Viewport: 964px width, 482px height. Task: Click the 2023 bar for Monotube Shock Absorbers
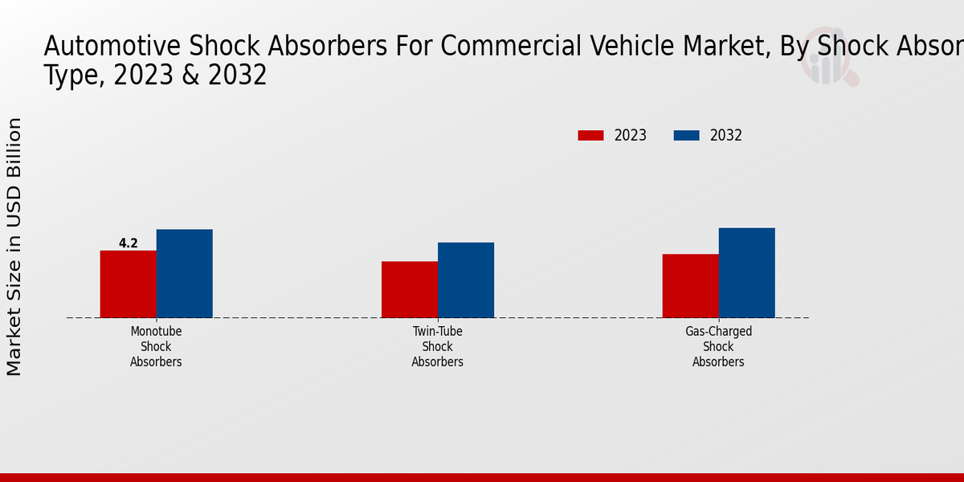[x=128, y=284]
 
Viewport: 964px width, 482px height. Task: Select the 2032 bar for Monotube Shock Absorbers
[x=184, y=274]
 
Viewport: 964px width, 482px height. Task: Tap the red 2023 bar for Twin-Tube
[x=409, y=290]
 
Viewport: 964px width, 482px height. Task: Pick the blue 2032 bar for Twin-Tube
[x=465, y=280]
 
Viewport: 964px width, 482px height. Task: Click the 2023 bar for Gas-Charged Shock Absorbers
[x=690, y=286]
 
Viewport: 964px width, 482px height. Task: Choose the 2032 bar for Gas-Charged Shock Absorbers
[x=746, y=273]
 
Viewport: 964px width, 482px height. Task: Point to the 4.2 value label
[x=128, y=243]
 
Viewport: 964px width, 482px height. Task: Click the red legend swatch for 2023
[x=590, y=136]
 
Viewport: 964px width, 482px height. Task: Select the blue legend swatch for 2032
[x=686, y=136]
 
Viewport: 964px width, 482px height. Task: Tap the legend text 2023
[x=630, y=136]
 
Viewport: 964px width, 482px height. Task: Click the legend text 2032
[x=725, y=136]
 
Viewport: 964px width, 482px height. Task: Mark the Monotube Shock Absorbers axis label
[x=156, y=346]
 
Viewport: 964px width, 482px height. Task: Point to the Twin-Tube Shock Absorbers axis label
[x=437, y=346]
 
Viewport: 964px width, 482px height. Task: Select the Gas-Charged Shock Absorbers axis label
[x=718, y=346]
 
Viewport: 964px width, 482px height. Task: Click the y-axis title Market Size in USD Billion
[x=14, y=246]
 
